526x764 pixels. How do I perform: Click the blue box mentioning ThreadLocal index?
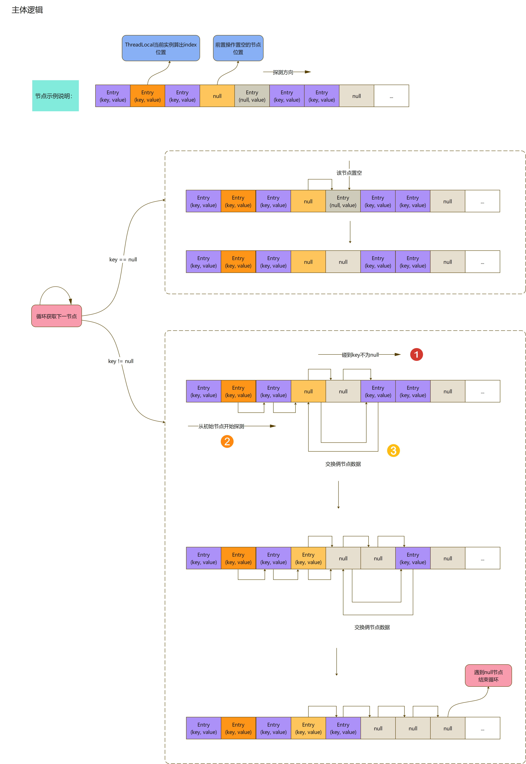click(x=161, y=48)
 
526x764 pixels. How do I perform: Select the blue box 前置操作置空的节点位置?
click(x=238, y=48)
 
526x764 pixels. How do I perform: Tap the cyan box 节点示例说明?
click(x=55, y=96)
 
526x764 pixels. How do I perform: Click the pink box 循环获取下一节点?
click(x=56, y=316)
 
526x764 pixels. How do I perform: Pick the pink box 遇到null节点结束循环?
click(x=488, y=676)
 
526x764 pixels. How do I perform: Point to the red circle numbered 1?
click(x=416, y=355)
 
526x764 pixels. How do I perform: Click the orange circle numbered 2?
click(x=227, y=441)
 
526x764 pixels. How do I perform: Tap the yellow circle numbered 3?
click(x=393, y=451)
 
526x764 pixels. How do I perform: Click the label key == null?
click(x=123, y=259)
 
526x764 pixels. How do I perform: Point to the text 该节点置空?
click(x=349, y=173)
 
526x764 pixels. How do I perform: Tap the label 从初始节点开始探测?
click(x=221, y=426)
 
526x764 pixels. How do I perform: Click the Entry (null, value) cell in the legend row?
click(x=252, y=96)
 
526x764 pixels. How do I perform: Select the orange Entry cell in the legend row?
click(x=147, y=96)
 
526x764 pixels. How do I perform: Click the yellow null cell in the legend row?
click(x=217, y=96)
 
